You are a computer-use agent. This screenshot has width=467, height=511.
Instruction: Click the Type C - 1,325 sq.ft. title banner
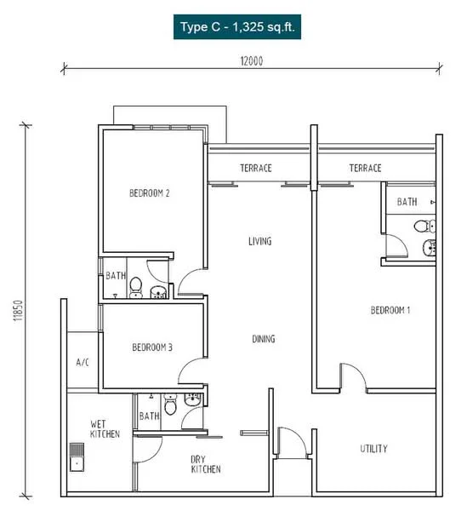[x=237, y=26]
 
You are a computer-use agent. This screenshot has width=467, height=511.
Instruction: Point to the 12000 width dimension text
[x=252, y=61]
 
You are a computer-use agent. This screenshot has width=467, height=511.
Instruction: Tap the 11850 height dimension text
[x=18, y=311]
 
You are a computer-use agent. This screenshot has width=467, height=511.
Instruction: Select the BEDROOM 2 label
[x=150, y=193]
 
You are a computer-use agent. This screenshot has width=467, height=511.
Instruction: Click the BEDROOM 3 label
[x=152, y=347]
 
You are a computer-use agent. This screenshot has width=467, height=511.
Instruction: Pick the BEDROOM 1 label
[x=390, y=310]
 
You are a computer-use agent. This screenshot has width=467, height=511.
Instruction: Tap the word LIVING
[x=259, y=242]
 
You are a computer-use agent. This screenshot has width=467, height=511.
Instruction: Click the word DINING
[x=264, y=339]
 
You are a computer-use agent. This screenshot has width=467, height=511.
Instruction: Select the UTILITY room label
[x=373, y=449]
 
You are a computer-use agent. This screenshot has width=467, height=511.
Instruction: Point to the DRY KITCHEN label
[x=206, y=464]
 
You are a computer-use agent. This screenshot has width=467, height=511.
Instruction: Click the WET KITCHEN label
[x=105, y=429]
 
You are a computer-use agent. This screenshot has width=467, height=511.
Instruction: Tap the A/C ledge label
[x=83, y=362]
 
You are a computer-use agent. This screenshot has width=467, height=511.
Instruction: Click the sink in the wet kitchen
[x=77, y=456]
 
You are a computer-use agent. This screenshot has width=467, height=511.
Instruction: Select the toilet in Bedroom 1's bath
[x=424, y=227]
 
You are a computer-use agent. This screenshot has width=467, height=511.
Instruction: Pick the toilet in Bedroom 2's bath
[x=136, y=288]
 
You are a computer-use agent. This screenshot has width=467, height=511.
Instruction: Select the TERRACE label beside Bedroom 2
[x=256, y=168]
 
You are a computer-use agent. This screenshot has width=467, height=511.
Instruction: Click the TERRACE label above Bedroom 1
[x=365, y=168]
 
